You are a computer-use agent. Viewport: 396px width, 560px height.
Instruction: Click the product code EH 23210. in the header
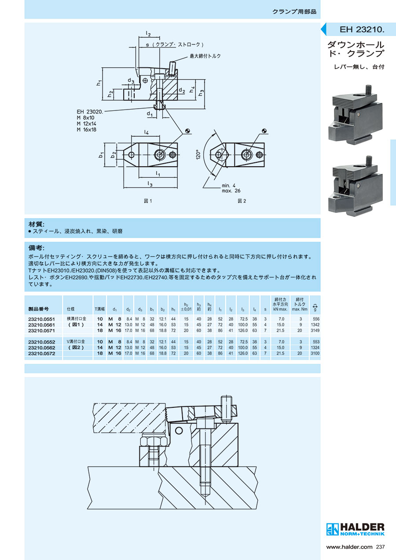pyautogui.click(x=362, y=30)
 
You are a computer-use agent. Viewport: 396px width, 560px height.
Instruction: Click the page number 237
pyautogui.click(x=380, y=547)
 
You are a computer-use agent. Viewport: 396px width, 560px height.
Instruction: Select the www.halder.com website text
pyautogui.click(x=349, y=547)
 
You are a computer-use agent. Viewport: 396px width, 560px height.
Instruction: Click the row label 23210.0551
pyautogui.click(x=41, y=319)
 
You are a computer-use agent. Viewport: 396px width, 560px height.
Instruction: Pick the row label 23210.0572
pyautogui.click(x=41, y=354)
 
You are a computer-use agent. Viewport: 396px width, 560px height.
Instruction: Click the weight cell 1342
pyautogui.click(x=315, y=325)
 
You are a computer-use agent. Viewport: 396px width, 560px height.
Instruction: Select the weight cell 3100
pyautogui.click(x=315, y=354)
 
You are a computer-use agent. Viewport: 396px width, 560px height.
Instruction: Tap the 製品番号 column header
pyautogui.click(x=38, y=309)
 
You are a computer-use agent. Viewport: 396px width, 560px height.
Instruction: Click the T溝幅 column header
pyautogui.click(x=100, y=309)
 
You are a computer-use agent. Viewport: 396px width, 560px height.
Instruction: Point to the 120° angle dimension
pyautogui.click(x=198, y=154)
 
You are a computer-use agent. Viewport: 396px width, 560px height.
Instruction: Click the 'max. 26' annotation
pyautogui.click(x=231, y=191)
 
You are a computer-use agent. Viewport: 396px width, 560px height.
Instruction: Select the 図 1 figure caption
pyautogui.click(x=148, y=201)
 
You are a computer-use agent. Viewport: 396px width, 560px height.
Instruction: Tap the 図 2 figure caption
pyautogui.click(x=242, y=201)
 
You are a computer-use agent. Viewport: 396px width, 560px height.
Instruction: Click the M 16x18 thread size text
pyautogui.click(x=87, y=130)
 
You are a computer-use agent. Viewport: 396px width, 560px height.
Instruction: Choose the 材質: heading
pyautogui.click(x=37, y=224)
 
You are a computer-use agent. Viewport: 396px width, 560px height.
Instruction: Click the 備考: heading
pyautogui.click(x=37, y=248)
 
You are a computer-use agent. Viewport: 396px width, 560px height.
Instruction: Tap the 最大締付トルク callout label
pyautogui.click(x=205, y=56)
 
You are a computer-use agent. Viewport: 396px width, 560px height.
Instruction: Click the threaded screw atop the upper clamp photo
pyautogui.click(x=369, y=89)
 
